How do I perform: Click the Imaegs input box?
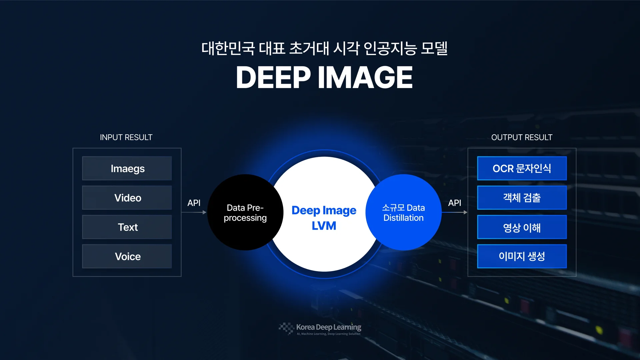pyautogui.click(x=127, y=168)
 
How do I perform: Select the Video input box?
pyautogui.click(x=127, y=198)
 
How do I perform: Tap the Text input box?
pyautogui.click(x=127, y=227)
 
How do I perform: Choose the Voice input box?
pyautogui.click(x=127, y=256)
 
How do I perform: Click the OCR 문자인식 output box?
pyautogui.click(x=522, y=168)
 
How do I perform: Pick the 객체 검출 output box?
pyautogui.click(x=522, y=198)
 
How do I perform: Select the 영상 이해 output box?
pyautogui.click(x=522, y=227)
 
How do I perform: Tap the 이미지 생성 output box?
pyautogui.click(x=522, y=256)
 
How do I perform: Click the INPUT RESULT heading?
pyautogui.click(x=126, y=137)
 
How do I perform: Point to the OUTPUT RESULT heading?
pyautogui.click(x=522, y=137)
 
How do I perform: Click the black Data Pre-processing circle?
pyautogui.click(x=245, y=212)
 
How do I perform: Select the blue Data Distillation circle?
pyautogui.click(x=403, y=212)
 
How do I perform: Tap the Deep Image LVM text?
pyautogui.click(x=324, y=218)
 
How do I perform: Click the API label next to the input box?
pyautogui.click(x=194, y=203)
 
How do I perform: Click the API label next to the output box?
pyautogui.click(x=454, y=203)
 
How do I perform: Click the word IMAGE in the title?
pyautogui.click(x=365, y=77)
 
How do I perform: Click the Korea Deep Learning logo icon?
pyautogui.click(x=286, y=328)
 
